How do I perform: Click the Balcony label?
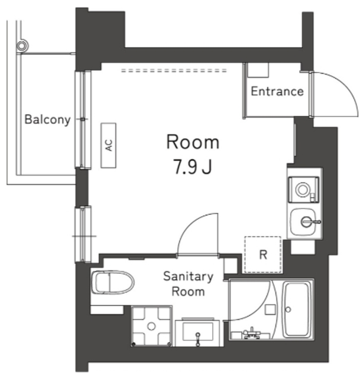tap(47, 120)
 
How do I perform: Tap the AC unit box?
tap(109, 145)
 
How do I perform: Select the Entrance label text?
tap(277, 92)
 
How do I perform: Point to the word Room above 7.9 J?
tap(193, 142)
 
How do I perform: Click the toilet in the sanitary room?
tap(112, 282)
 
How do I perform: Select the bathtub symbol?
tap(298, 309)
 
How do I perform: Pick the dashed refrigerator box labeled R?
tap(263, 255)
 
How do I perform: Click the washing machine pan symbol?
tap(151, 325)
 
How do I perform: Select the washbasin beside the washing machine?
tap(199, 331)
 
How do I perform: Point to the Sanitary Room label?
tap(188, 283)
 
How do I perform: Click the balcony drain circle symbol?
tap(22, 45)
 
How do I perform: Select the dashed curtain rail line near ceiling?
tap(174, 70)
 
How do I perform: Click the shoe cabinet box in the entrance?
tap(257, 69)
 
